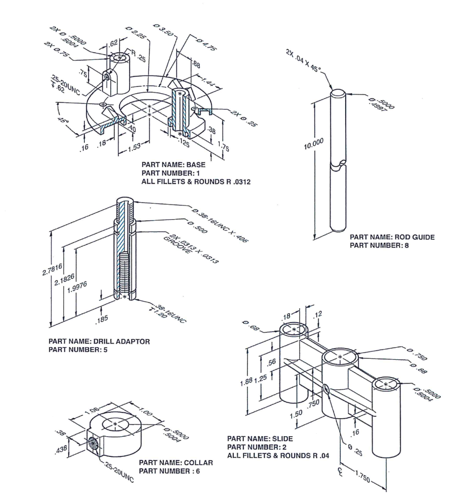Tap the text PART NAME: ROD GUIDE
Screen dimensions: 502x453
(x=392, y=237)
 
